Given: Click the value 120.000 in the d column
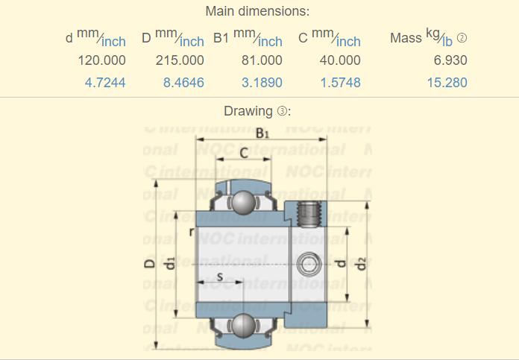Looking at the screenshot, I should tap(101, 60).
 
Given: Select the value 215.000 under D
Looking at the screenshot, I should tap(180, 60).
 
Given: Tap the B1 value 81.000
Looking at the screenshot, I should tap(262, 60).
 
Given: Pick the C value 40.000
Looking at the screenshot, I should tap(340, 60).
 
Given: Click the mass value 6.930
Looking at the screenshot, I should tap(450, 60).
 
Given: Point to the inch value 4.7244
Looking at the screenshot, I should tap(105, 83).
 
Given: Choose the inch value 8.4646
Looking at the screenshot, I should tap(183, 83).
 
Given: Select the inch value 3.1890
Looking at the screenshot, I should tap(262, 83).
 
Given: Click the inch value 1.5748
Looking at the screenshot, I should tap(340, 83).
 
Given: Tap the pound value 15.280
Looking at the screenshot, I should tap(447, 83).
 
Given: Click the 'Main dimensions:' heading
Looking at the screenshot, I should tap(257, 11).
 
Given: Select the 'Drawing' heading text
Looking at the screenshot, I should tap(248, 111).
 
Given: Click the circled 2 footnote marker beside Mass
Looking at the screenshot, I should tap(462, 38).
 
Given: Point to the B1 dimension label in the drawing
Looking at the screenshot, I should tap(262, 134).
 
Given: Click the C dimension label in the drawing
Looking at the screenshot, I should tap(244, 153).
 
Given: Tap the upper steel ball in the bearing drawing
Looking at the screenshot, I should tap(242, 201).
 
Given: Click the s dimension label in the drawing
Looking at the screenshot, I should tap(220, 277).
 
